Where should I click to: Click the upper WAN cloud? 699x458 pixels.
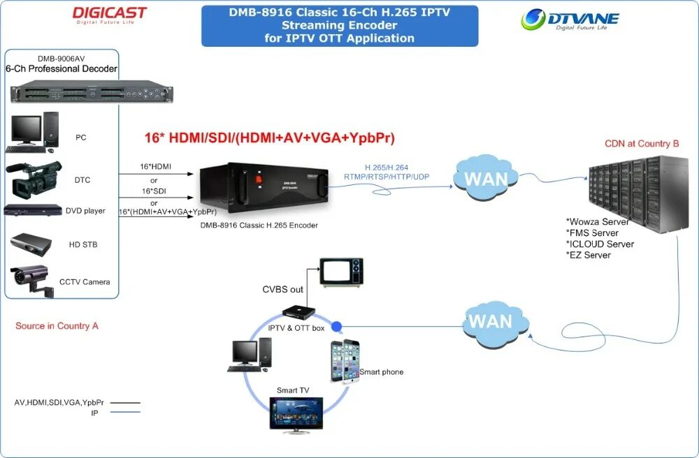click(487, 178)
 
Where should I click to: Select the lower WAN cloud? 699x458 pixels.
click(494, 323)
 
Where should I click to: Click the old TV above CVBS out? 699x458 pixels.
click(342, 271)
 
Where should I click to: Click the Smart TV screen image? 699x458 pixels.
click(297, 413)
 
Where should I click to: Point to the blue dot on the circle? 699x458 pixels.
click(336, 326)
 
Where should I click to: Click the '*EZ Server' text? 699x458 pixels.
click(588, 256)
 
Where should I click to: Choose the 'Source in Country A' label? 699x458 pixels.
click(57, 326)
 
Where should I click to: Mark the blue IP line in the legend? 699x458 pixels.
click(125, 413)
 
